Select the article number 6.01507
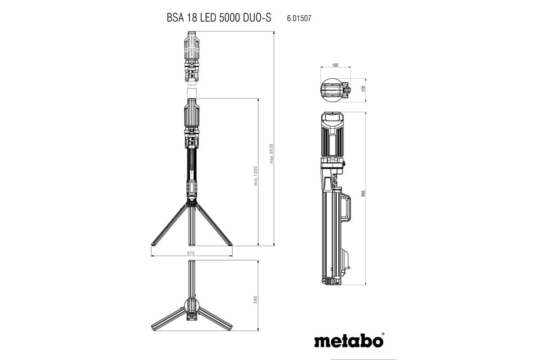(299, 19)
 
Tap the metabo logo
(348, 340)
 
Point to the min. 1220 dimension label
(255, 175)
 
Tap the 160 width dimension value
(335, 65)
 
